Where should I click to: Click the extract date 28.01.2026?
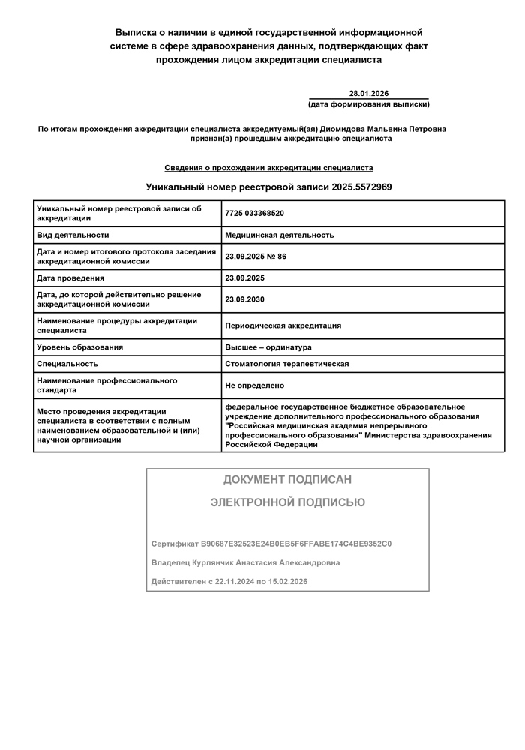click(x=369, y=93)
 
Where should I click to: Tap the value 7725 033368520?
click(x=254, y=214)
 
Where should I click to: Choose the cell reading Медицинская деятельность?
click(x=280, y=235)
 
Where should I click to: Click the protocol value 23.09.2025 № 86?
click(x=256, y=256)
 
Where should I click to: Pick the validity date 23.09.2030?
click(x=244, y=299)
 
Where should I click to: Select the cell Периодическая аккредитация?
click(x=283, y=325)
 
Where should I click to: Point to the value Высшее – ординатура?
click(x=268, y=347)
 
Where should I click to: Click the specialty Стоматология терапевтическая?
click(x=287, y=364)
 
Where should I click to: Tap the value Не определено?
click(x=255, y=385)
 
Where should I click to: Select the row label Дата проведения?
click(x=70, y=278)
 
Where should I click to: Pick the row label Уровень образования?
click(x=79, y=347)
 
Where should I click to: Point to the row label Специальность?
click(x=67, y=364)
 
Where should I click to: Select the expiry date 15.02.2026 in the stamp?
click(x=288, y=581)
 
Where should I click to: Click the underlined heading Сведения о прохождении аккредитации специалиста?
click(x=268, y=168)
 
